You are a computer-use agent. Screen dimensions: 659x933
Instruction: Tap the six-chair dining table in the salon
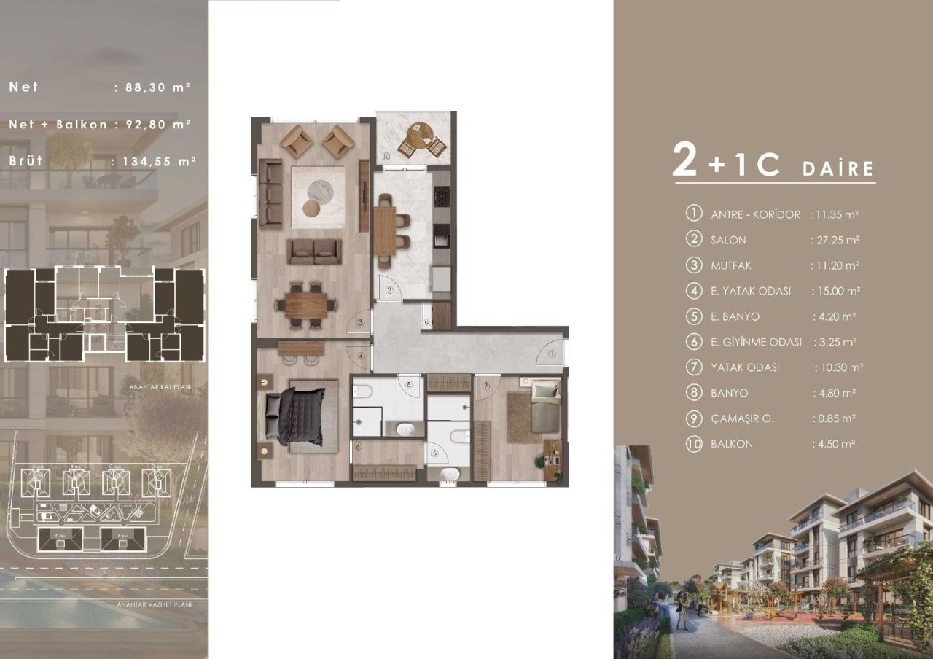point(307,305)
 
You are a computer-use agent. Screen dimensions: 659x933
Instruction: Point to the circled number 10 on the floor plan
point(386,155)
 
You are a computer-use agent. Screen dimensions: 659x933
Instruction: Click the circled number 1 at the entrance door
point(552,354)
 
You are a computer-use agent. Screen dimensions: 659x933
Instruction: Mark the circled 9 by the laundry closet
point(427,326)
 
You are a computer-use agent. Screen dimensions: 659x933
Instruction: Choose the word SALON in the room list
point(728,240)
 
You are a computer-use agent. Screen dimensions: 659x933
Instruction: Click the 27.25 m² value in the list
point(835,240)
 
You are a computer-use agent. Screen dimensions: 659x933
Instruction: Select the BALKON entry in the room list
point(732,444)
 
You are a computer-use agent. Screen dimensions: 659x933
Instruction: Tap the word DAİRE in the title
point(838,169)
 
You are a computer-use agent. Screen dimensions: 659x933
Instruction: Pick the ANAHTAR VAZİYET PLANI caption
point(154,604)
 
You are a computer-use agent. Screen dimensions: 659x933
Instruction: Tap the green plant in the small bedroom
point(542,460)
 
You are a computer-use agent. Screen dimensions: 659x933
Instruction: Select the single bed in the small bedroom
point(545,408)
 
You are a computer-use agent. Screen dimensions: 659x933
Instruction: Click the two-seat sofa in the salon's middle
point(314,251)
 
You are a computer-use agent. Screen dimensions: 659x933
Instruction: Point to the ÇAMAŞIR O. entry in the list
point(742,418)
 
